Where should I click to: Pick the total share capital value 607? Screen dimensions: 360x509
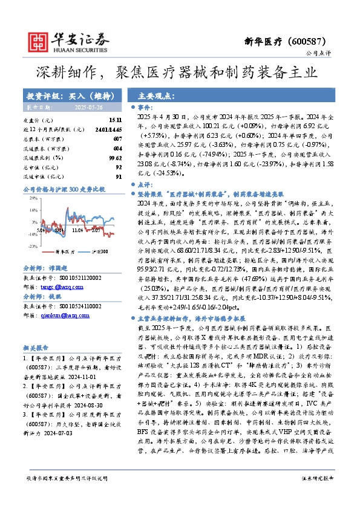pyautogui.click(x=117, y=139)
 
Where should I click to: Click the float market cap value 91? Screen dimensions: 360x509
pyautogui.click(x=119, y=176)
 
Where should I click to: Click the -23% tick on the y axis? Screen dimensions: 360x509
pyautogui.click(x=28, y=245)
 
